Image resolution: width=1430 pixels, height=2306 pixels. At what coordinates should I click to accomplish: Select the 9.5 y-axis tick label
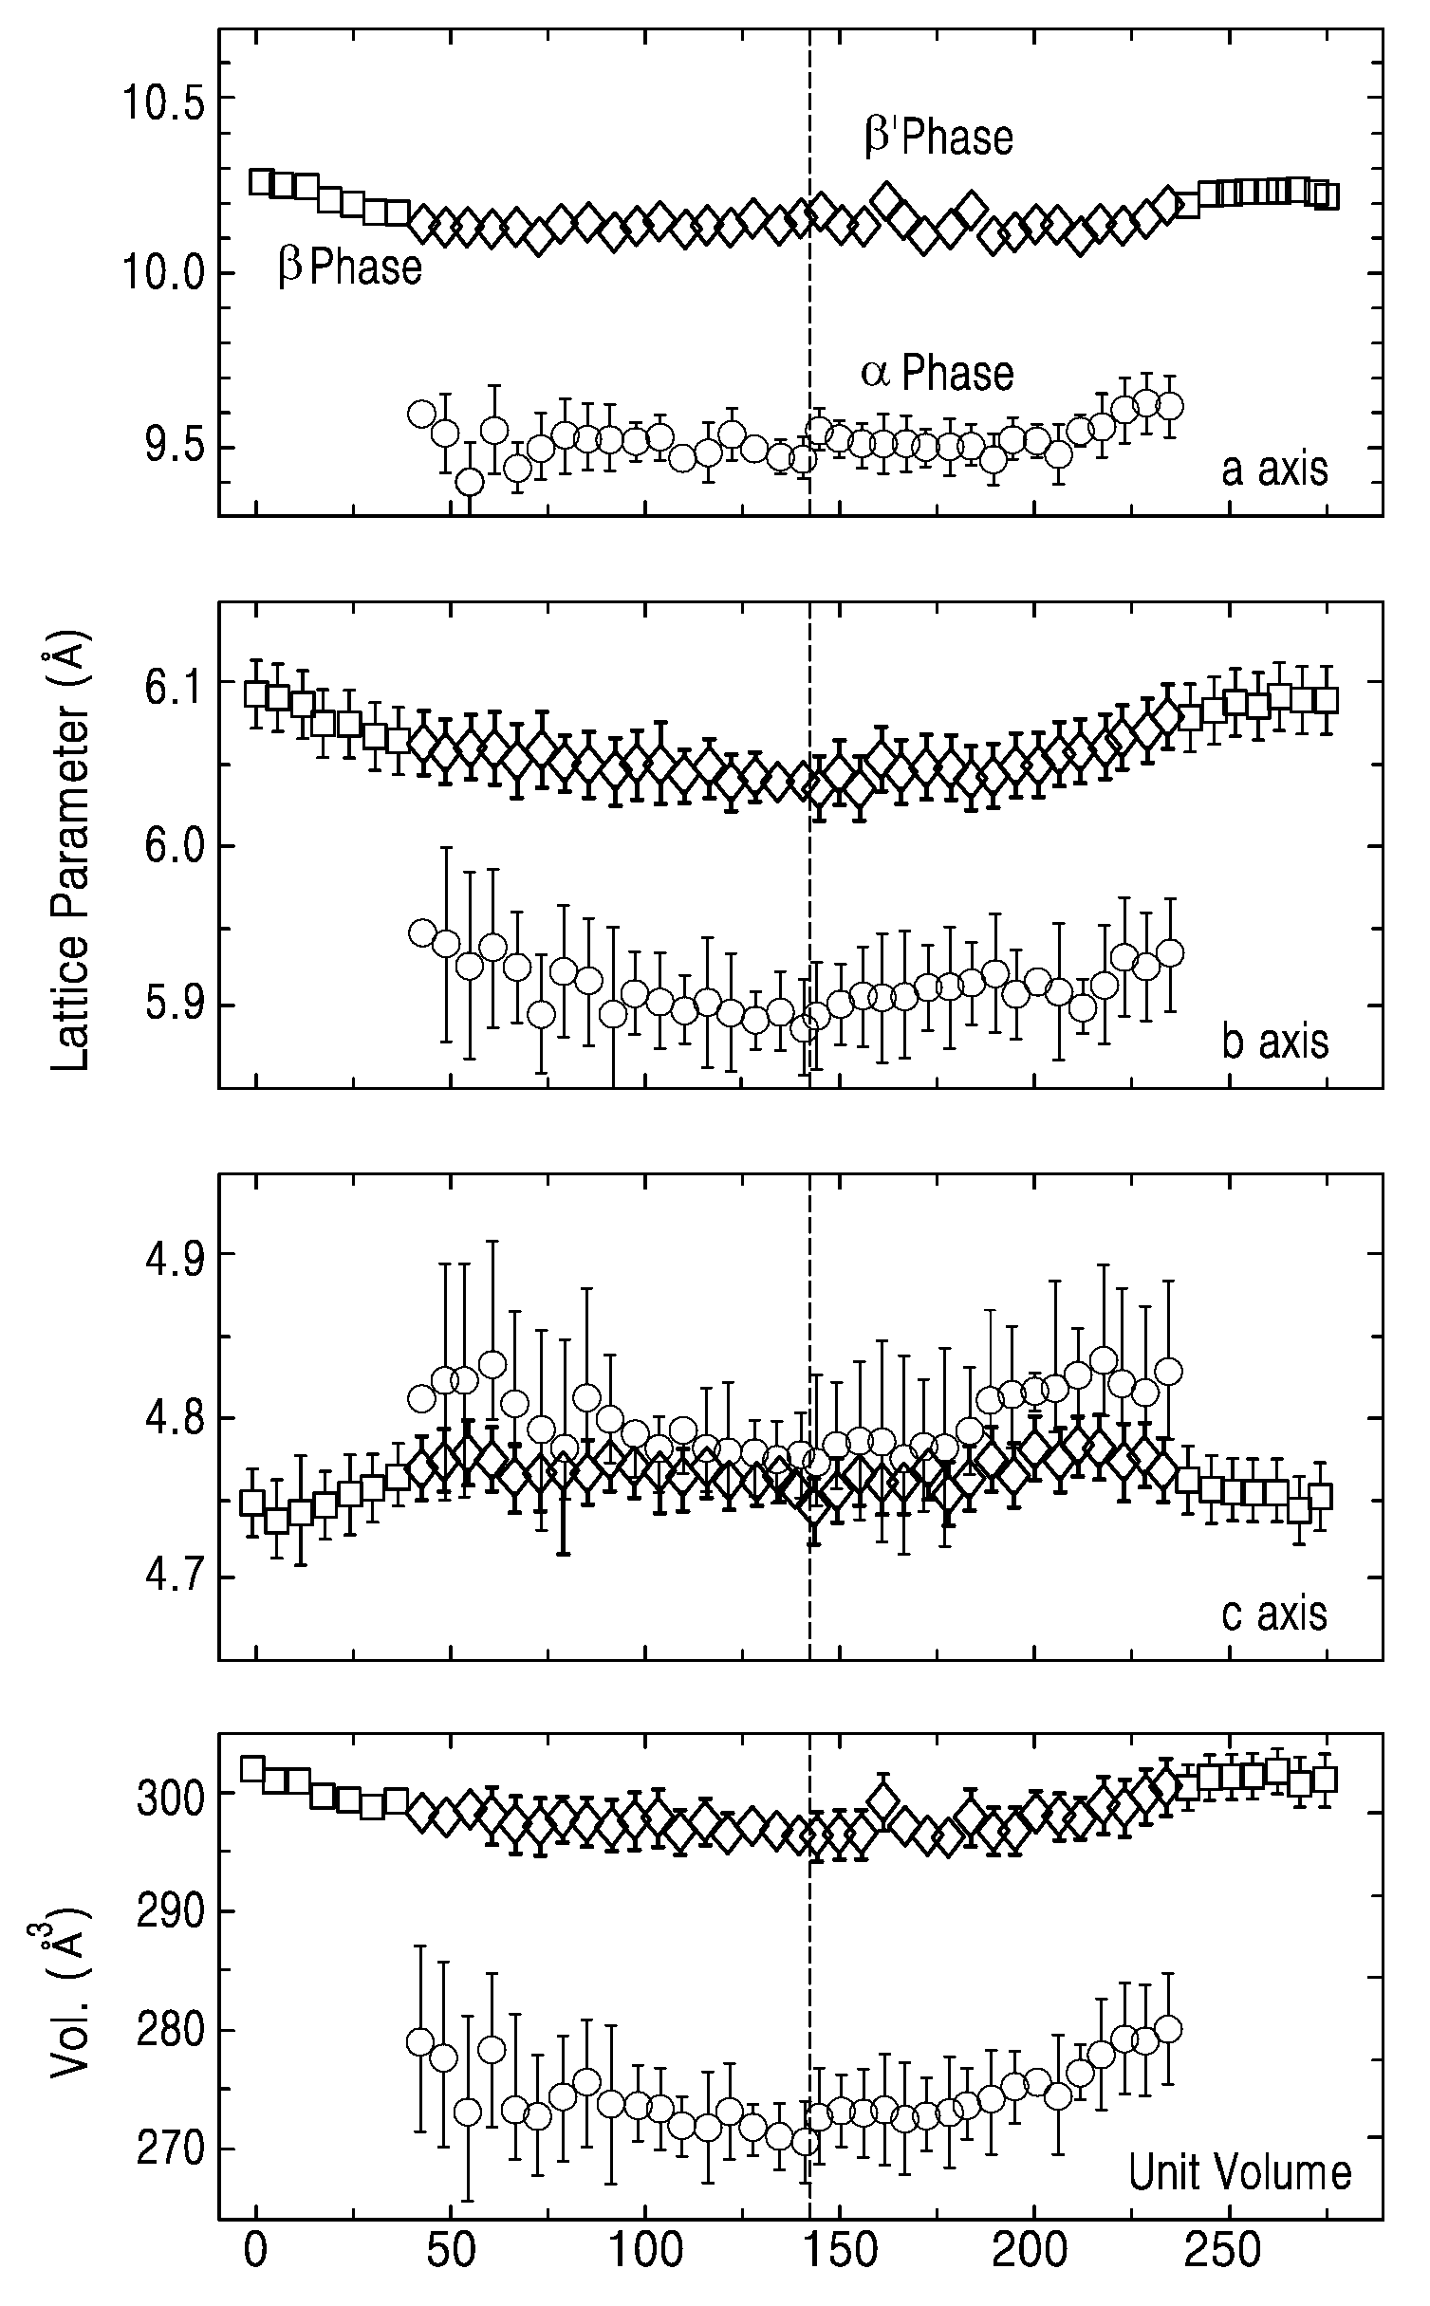[x=175, y=449]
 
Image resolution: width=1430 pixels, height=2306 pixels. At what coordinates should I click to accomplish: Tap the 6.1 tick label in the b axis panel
[x=175, y=683]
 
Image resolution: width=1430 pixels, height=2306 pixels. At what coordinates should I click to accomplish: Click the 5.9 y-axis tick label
[x=175, y=1005]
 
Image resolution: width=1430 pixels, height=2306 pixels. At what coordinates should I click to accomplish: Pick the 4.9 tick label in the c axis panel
[x=175, y=1255]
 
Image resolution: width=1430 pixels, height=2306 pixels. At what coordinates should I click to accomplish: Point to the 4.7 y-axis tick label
[x=175, y=1578]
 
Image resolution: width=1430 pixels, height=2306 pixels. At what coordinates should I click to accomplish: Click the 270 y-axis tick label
[x=171, y=2116]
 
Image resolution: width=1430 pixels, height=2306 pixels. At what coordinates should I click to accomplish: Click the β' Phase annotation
[x=938, y=138]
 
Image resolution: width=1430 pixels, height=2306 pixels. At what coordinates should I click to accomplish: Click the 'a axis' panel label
[x=1274, y=470]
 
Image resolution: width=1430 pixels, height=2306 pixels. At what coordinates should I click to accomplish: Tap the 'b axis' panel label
[x=1274, y=1042]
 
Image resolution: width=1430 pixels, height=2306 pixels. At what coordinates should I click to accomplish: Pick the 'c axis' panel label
[x=1274, y=1614]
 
